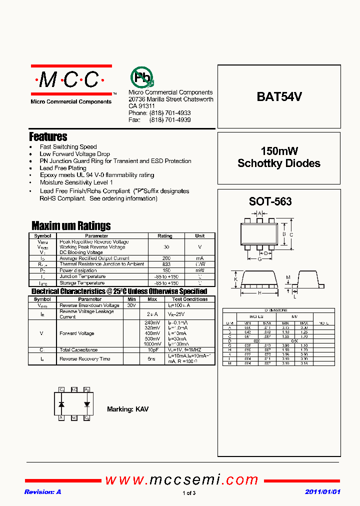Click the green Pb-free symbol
tap(142, 77)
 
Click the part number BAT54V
tap(279, 97)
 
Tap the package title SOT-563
tap(270, 202)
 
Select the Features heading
tap(48, 136)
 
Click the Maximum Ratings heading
tap(71, 225)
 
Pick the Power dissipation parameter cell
tap(78, 270)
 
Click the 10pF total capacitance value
tap(152, 350)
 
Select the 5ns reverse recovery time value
tap(152, 359)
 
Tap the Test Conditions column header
tap(189, 299)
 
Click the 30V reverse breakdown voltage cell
tap(131, 305)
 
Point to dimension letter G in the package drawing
tap(259, 259)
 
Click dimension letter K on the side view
tap(235, 279)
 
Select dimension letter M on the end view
tap(288, 277)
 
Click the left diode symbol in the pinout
tap(61, 403)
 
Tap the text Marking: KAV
tap(127, 409)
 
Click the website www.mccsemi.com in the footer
tap(181, 480)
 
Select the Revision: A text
tap(42, 492)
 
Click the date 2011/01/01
tap(322, 492)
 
